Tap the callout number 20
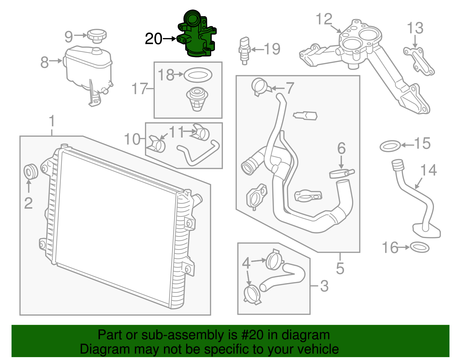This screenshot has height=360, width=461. [x=153, y=39]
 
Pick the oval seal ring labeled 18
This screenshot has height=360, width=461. [x=198, y=75]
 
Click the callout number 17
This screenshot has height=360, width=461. [x=139, y=88]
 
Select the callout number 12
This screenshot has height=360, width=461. [x=324, y=20]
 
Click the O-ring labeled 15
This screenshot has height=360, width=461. [x=390, y=146]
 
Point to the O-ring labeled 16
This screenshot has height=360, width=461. [x=419, y=248]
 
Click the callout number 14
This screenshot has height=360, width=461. [x=428, y=170]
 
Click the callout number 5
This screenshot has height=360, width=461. [x=340, y=268]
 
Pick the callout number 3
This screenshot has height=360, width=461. [x=324, y=286]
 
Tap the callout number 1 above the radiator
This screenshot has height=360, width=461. [x=52, y=121]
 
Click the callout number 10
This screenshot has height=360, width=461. [x=132, y=139]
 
